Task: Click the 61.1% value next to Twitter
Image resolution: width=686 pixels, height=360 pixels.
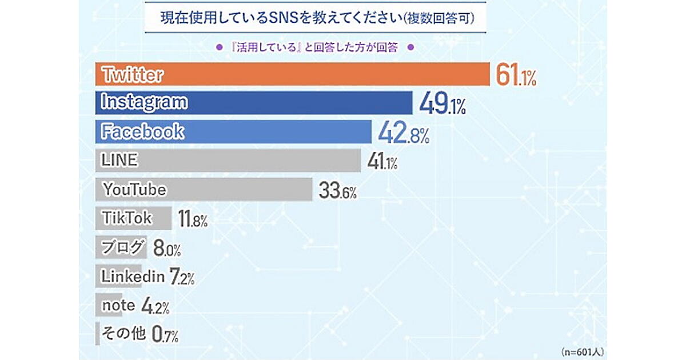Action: tap(516, 75)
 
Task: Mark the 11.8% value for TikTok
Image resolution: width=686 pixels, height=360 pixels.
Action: tap(192, 219)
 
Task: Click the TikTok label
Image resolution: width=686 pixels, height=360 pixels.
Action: tap(126, 218)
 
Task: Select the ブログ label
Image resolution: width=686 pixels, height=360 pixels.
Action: tap(122, 247)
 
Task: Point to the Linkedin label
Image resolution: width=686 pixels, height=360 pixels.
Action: tap(133, 277)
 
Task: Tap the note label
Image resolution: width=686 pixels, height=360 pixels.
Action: tap(118, 306)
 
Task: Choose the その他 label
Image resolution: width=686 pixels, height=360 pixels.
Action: tap(123, 333)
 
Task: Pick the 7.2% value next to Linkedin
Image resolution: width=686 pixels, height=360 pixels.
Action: tap(182, 278)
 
